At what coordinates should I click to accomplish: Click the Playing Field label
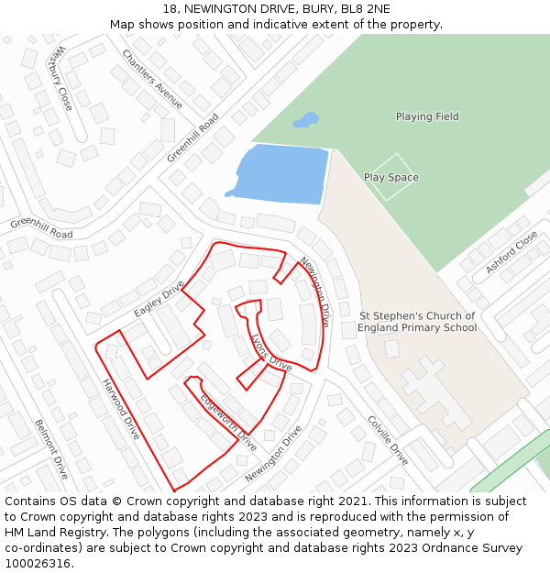coord(427,116)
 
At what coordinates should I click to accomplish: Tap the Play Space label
coord(390,177)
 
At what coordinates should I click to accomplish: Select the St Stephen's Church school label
coord(417,322)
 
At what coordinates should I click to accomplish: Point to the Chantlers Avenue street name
coord(153,79)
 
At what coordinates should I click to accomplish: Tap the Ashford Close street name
coord(511,252)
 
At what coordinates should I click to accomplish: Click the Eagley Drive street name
coord(159,299)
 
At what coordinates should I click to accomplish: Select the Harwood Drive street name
coord(120,409)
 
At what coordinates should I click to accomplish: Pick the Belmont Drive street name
coord(51,449)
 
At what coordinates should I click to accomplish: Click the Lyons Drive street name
coord(270,353)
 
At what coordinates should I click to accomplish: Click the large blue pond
coord(280,172)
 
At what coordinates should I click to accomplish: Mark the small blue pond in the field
coord(306,120)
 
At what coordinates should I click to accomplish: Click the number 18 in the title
coord(170,9)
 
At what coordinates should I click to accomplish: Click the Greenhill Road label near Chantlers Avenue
coord(193,138)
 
